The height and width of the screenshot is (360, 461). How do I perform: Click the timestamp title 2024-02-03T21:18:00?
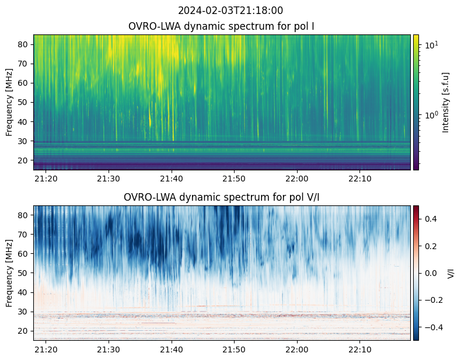click(x=230, y=11)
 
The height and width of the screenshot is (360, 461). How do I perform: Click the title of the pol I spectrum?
click(x=221, y=26)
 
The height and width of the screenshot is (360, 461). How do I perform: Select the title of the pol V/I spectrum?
click(x=221, y=197)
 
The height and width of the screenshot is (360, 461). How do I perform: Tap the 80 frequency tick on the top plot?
click(x=23, y=44)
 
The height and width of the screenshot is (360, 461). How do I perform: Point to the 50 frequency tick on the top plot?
click(x=23, y=102)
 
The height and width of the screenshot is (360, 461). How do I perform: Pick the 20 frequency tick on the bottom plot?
click(x=23, y=331)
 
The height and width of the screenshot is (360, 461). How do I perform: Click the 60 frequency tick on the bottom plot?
click(x=23, y=254)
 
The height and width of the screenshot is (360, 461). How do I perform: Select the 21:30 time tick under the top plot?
click(x=109, y=179)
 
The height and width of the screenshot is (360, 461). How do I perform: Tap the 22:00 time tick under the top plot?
click(x=297, y=179)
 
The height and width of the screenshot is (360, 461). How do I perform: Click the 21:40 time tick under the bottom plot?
click(x=172, y=349)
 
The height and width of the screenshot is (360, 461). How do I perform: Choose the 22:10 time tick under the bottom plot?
click(x=360, y=349)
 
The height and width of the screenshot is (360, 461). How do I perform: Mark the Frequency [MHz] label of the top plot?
click(x=9, y=102)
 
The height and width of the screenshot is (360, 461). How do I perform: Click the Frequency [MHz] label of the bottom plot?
click(x=9, y=273)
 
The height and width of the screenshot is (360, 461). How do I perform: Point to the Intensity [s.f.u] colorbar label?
click(x=446, y=102)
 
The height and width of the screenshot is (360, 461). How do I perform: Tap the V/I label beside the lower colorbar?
click(x=450, y=273)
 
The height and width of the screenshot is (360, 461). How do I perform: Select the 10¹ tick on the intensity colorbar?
click(x=431, y=45)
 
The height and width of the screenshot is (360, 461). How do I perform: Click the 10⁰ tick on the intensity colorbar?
click(x=431, y=115)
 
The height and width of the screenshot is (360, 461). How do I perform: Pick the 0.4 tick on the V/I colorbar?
click(x=431, y=219)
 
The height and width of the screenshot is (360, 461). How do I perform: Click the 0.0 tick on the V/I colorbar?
click(x=431, y=273)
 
